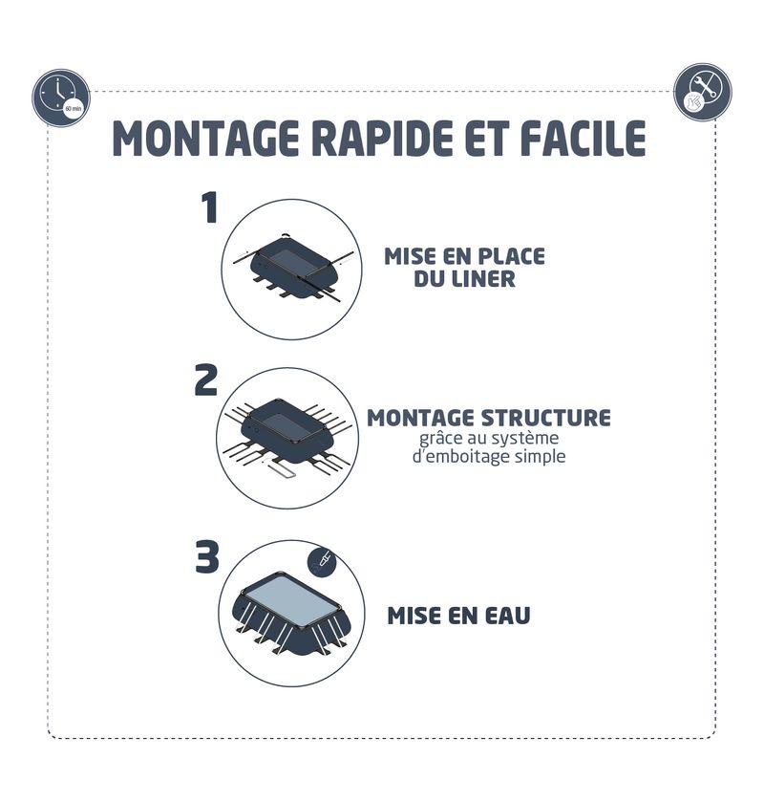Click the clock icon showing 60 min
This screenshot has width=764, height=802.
point(61,98)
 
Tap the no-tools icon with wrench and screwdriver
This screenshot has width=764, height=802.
point(702,93)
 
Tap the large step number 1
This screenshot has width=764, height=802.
point(209,207)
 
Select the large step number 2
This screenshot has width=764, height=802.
point(206,380)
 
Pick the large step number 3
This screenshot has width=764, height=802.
point(207,556)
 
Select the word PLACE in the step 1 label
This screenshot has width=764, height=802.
point(512,256)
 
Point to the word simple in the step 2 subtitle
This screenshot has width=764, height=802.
point(541,457)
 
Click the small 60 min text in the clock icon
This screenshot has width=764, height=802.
point(74,108)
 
